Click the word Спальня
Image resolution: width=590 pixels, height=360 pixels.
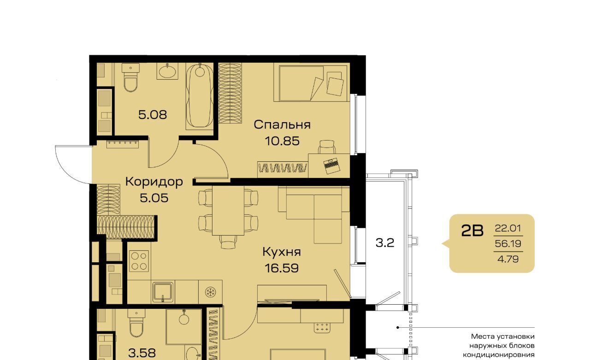pyautogui.click(x=282, y=124)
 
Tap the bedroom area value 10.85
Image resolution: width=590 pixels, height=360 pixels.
pyautogui.click(x=282, y=141)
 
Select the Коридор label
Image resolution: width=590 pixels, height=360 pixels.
pyautogui.click(x=154, y=182)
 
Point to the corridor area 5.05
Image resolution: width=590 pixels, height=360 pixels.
pyautogui.click(x=154, y=198)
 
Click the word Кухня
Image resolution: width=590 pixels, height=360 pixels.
pyautogui.click(x=282, y=252)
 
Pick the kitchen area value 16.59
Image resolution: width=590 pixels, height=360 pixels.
pyautogui.click(x=282, y=268)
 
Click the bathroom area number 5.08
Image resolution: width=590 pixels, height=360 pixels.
pyautogui.click(x=153, y=115)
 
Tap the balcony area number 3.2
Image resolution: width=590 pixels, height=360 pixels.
pyautogui.click(x=385, y=243)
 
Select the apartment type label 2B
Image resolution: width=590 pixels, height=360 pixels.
pyautogui.click(x=472, y=230)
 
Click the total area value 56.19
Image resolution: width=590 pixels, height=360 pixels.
pyautogui.click(x=508, y=243)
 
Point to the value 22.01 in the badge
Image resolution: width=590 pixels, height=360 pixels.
pyautogui.click(x=508, y=228)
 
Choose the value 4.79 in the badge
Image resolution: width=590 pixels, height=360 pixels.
pyautogui.click(x=508, y=259)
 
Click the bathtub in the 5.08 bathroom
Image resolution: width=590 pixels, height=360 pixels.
pyautogui.click(x=200, y=96)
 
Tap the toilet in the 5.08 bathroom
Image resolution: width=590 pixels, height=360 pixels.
pyautogui.click(x=130, y=77)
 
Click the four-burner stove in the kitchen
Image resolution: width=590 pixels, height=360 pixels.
pyautogui.click(x=139, y=261)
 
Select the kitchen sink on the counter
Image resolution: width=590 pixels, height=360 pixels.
pyautogui.click(x=163, y=293)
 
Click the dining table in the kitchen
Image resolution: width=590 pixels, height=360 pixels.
pyautogui.click(x=228, y=210)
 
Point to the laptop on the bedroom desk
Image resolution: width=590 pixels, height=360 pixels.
pyautogui.click(x=331, y=166)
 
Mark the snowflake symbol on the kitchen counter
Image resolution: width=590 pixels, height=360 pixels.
pyautogui.click(x=211, y=292)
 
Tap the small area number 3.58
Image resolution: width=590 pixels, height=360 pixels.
pyautogui.click(x=142, y=353)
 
